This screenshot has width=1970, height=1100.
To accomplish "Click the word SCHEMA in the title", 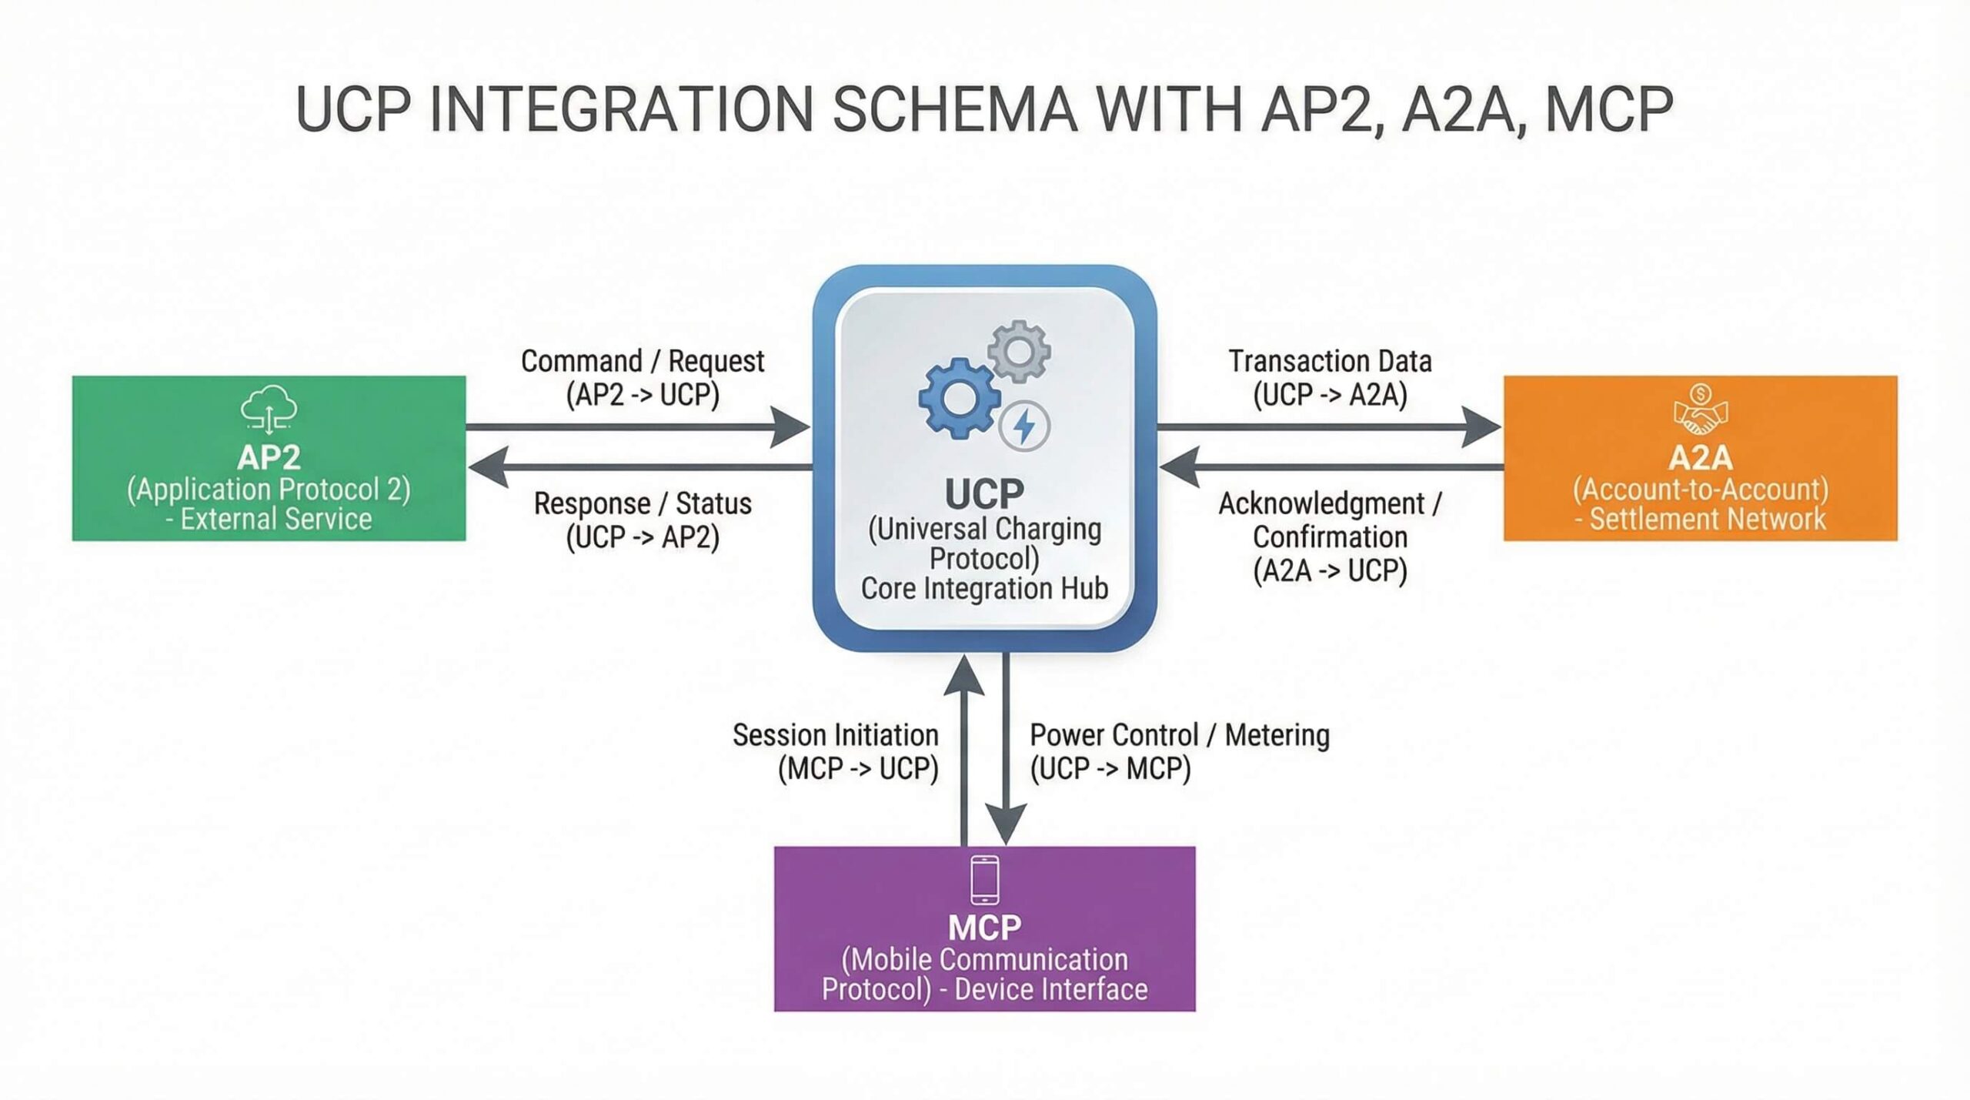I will [x=954, y=109].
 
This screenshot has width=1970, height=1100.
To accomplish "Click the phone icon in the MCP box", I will [x=984, y=879].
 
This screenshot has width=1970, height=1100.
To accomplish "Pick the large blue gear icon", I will [x=958, y=399].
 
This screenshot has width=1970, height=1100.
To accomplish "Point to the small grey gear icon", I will [x=1020, y=352].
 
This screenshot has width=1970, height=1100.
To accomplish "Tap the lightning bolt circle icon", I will [x=1024, y=426].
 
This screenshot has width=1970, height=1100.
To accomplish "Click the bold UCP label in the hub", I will [x=984, y=494].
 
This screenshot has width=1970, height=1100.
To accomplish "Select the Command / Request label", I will [x=643, y=361].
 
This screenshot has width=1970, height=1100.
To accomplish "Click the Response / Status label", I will [x=643, y=503].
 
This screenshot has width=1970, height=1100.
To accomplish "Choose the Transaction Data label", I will [x=1330, y=361].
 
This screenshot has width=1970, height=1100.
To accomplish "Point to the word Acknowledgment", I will [x=1321, y=503].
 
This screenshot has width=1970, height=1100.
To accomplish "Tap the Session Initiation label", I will [x=835, y=735].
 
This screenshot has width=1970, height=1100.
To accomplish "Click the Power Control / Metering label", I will [x=1179, y=735].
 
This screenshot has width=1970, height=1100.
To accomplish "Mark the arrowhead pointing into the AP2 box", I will [x=489, y=466].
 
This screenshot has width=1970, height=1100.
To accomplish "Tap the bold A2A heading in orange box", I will [x=1701, y=458].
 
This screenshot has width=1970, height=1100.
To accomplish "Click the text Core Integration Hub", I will [x=984, y=589].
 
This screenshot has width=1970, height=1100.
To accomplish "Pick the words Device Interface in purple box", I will [x=1050, y=989].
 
